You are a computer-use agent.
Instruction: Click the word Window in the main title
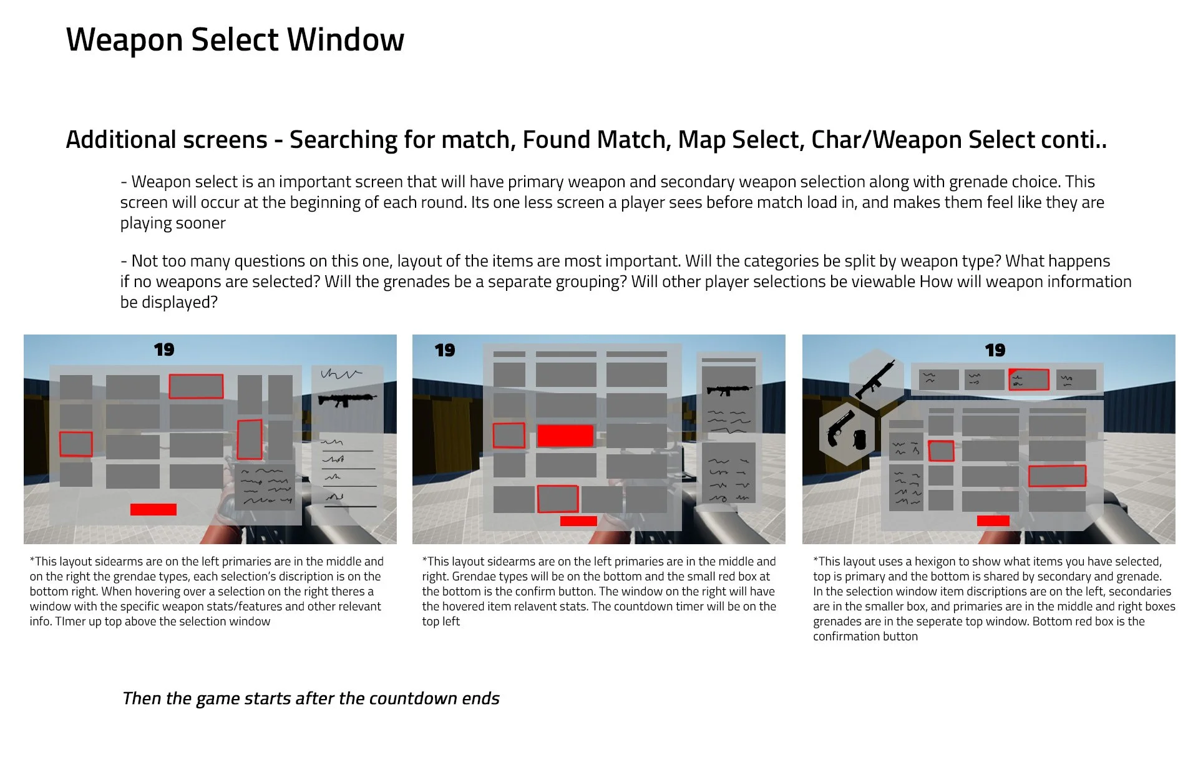pos(345,40)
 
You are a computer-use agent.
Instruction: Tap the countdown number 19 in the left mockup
pos(164,349)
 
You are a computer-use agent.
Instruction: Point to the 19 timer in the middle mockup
pos(445,350)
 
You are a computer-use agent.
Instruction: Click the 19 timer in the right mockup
pos(995,350)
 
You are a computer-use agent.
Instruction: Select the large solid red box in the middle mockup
pos(565,436)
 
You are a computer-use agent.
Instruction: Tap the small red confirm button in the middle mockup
pos(578,521)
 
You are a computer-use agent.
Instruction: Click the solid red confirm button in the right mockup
pos(993,521)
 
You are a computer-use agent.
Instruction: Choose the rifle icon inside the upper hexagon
pos(875,378)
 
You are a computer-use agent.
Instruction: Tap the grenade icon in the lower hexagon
pos(859,438)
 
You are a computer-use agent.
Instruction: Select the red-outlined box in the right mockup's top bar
pos(1028,379)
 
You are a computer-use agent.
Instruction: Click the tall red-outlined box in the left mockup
pos(250,439)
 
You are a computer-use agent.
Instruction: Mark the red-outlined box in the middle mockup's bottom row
pos(557,499)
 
